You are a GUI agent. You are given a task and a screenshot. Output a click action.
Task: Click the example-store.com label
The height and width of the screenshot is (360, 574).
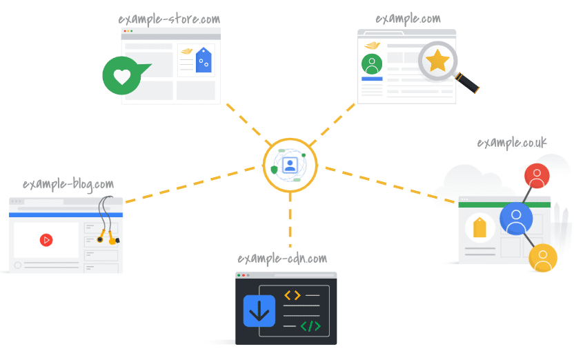(169, 19)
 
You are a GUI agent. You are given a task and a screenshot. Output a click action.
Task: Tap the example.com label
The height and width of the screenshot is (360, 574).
(408, 19)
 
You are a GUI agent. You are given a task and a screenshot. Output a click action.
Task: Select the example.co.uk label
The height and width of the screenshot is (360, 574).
(512, 143)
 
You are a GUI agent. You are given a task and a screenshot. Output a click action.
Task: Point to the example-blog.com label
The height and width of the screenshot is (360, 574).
(68, 184)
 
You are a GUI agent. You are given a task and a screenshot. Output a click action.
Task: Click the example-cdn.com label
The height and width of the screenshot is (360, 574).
(282, 259)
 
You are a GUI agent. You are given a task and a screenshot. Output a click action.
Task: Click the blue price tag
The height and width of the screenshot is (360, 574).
(204, 60)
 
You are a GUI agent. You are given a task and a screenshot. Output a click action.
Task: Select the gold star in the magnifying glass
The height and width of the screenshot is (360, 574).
(437, 61)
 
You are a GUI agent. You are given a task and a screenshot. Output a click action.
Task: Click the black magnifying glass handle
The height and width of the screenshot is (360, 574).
(467, 83)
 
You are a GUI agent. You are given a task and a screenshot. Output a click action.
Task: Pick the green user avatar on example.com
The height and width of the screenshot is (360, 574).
(372, 64)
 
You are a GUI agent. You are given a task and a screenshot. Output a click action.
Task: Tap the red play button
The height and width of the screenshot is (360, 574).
(46, 240)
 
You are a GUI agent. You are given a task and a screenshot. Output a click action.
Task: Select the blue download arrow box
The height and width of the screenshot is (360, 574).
(259, 311)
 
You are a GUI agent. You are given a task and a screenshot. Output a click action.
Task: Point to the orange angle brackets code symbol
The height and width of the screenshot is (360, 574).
(293, 295)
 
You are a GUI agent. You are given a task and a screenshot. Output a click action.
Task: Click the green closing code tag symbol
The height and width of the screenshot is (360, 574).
(310, 326)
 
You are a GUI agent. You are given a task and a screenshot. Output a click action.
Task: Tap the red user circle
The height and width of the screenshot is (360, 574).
(537, 176)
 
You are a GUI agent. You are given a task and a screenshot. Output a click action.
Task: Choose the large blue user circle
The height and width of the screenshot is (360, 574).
(516, 219)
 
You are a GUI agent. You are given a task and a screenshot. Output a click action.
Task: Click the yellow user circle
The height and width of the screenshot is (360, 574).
(543, 258)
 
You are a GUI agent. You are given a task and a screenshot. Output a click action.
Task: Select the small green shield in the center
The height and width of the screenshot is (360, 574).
(274, 170)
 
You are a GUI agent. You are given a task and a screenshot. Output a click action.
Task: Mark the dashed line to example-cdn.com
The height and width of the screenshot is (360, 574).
(290, 220)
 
